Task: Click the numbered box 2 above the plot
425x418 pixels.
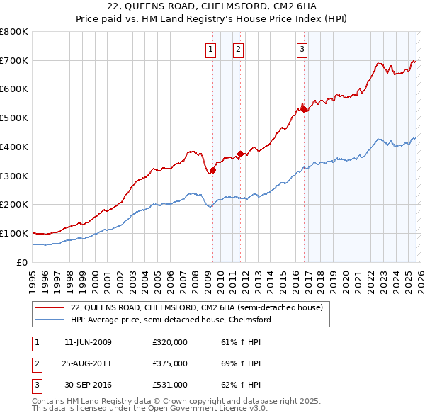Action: (237, 49)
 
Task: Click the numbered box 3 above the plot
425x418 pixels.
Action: (302, 49)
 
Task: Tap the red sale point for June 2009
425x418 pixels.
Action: (212, 169)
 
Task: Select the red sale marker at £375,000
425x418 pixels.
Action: (240, 154)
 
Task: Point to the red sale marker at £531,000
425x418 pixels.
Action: (304, 108)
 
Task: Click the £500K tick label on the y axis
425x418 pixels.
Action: (14, 118)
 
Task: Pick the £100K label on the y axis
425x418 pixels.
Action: (14, 233)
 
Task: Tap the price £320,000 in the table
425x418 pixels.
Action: (169, 342)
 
